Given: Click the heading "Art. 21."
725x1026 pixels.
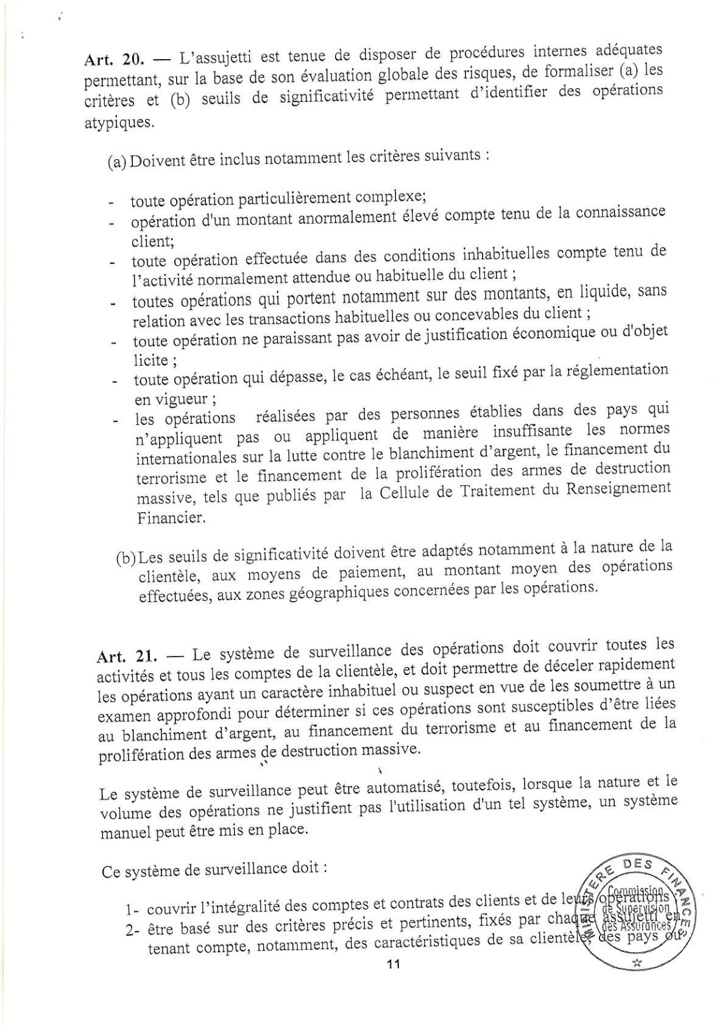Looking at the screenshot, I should click(x=126, y=657).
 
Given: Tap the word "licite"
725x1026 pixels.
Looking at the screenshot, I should click(x=151, y=360).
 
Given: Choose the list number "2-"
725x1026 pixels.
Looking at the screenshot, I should click(x=134, y=932).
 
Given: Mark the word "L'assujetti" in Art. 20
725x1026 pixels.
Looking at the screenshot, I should click(x=215, y=58).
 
